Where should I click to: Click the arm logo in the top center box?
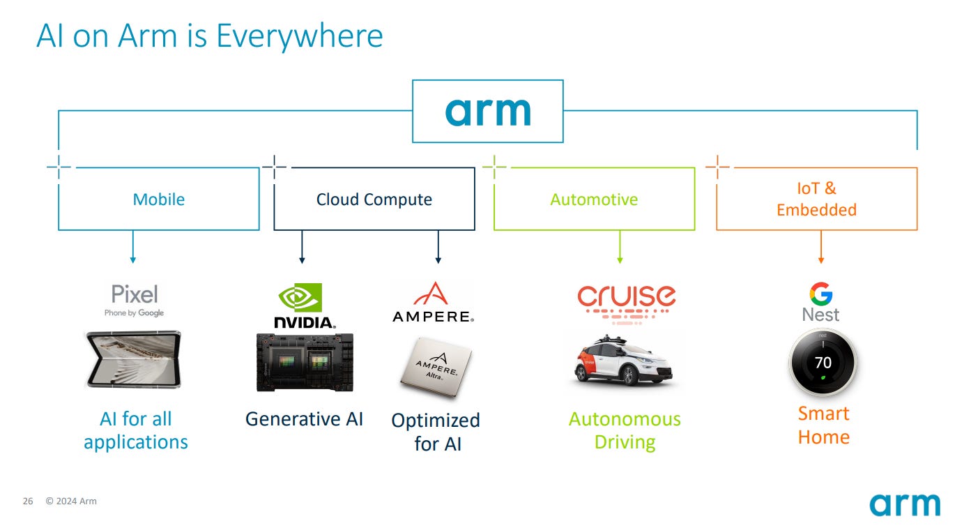pos(487,111)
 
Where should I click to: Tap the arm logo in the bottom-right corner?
pos(904,504)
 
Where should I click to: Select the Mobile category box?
pos(159,199)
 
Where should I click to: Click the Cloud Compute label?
pos(374,199)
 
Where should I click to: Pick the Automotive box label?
pos(594,199)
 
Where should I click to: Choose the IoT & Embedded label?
pos(816,199)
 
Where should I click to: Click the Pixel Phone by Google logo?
pos(135,299)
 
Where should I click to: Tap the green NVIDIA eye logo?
pos(300,297)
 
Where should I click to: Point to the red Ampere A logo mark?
pos(434,294)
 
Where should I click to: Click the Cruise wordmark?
pos(626,296)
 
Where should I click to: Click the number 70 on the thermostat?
pos(823,363)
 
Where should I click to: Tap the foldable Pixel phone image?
pos(133,360)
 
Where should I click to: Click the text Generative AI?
pos(304,418)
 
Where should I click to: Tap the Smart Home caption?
pos(823,425)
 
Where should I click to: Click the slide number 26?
pos(28,501)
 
